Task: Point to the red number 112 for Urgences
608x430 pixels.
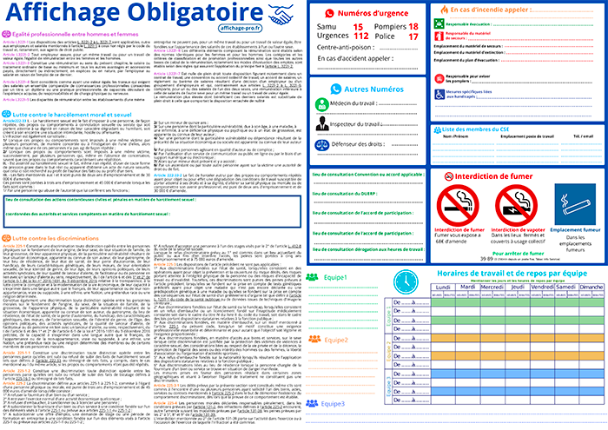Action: point(356,39)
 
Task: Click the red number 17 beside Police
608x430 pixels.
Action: point(413,39)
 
